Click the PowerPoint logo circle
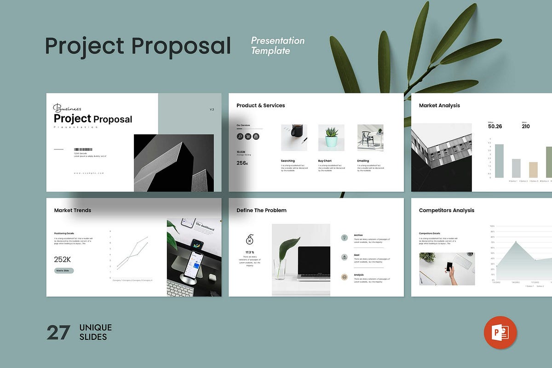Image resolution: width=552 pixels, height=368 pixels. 500,332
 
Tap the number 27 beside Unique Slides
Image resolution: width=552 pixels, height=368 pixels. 58,333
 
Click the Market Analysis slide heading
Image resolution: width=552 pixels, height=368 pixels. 439,105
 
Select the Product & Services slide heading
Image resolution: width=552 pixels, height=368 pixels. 260,105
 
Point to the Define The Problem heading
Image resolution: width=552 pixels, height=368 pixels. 261,210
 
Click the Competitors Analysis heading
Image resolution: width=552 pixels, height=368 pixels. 446,210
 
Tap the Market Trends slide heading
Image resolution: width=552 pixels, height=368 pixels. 73,210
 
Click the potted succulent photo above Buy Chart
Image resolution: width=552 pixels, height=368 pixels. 331,138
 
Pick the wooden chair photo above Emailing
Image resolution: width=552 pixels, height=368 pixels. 370,138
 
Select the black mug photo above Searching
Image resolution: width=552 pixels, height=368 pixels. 294,138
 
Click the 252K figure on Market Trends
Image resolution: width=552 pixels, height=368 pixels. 63,259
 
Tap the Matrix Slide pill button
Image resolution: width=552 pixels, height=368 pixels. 63,270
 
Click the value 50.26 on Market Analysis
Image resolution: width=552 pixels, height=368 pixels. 495,126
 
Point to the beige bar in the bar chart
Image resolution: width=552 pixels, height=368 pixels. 533,170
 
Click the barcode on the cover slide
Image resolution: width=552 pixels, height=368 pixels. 83,149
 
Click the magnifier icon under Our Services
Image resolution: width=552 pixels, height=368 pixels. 240,136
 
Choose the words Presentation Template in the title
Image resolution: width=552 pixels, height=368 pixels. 277,46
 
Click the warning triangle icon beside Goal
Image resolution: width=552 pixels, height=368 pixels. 344,257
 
